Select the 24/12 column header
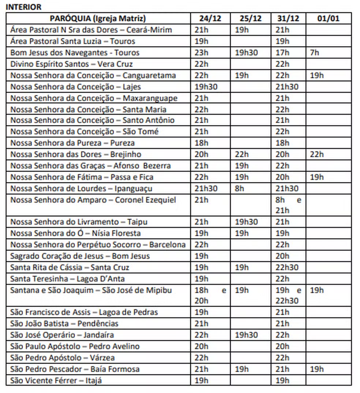(210, 18)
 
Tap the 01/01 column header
(328, 18)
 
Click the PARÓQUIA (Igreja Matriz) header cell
(98, 18)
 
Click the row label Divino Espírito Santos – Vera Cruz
(71, 64)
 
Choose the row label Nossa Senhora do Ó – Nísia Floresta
(75, 233)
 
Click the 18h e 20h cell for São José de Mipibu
(210, 296)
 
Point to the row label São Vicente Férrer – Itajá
(56, 381)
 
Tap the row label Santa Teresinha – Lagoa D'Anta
(67, 279)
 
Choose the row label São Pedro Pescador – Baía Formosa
(75, 369)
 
